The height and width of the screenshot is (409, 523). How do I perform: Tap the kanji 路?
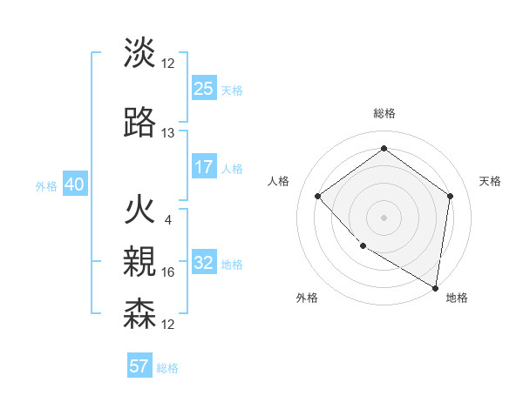[x=139, y=124]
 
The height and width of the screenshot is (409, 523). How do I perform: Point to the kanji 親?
[x=139, y=262]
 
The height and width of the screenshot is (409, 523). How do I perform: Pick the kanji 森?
[x=139, y=313]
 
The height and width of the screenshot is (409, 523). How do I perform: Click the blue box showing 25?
[x=204, y=89]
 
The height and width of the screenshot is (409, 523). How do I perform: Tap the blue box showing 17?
[x=204, y=167]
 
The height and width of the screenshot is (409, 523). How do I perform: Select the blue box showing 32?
[x=204, y=263]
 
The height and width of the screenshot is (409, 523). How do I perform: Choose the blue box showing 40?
[x=74, y=184]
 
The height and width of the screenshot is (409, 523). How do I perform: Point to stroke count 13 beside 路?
[x=168, y=133]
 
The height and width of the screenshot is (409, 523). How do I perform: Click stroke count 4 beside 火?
[x=167, y=219]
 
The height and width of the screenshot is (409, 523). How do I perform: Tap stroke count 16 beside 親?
[x=168, y=272]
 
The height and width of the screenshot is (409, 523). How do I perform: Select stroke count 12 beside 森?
[x=168, y=324]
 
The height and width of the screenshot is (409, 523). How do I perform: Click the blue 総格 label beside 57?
[x=167, y=368]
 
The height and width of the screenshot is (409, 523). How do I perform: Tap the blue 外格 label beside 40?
[x=46, y=186]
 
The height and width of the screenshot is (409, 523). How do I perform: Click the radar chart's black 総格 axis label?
[x=384, y=114]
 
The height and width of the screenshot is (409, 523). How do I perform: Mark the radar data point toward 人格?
[x=318, y=196]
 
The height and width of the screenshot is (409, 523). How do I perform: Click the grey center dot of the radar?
[x=384, y=217]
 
